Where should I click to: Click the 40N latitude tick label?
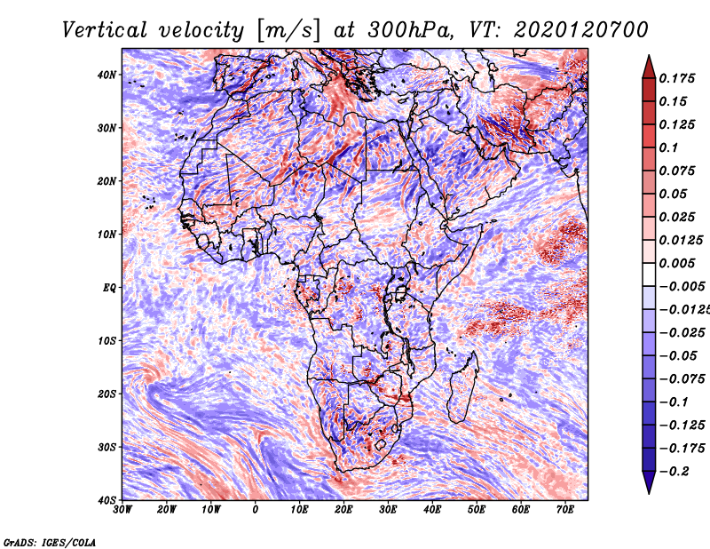[x=106, y=75]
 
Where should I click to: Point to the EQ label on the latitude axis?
[x=109, y=288]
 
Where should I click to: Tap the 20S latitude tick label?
[x=106, y=394]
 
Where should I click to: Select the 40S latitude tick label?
[x=106, y=500]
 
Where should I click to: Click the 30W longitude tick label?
[x=122, y=510]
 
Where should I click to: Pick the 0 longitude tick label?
[x=256, y=510]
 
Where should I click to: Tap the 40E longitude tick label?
[x=432, y=510]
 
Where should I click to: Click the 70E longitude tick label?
[x=565, y=510]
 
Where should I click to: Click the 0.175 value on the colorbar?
[x=677, y=78]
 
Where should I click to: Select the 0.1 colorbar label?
[x=668, y=147]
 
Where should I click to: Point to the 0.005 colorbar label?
[x=677, y=263]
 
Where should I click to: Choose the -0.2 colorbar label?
[x=674, y=472]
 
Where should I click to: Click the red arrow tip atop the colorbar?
[x=649, y=56]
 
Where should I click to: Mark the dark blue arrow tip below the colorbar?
[x=649, y=493]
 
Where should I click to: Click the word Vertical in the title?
[x=105, y=30]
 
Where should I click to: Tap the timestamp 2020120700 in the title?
[x=581, y=30]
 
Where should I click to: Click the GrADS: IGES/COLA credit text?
[x=50, y=543]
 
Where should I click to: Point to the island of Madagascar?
[x=463, y=387]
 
